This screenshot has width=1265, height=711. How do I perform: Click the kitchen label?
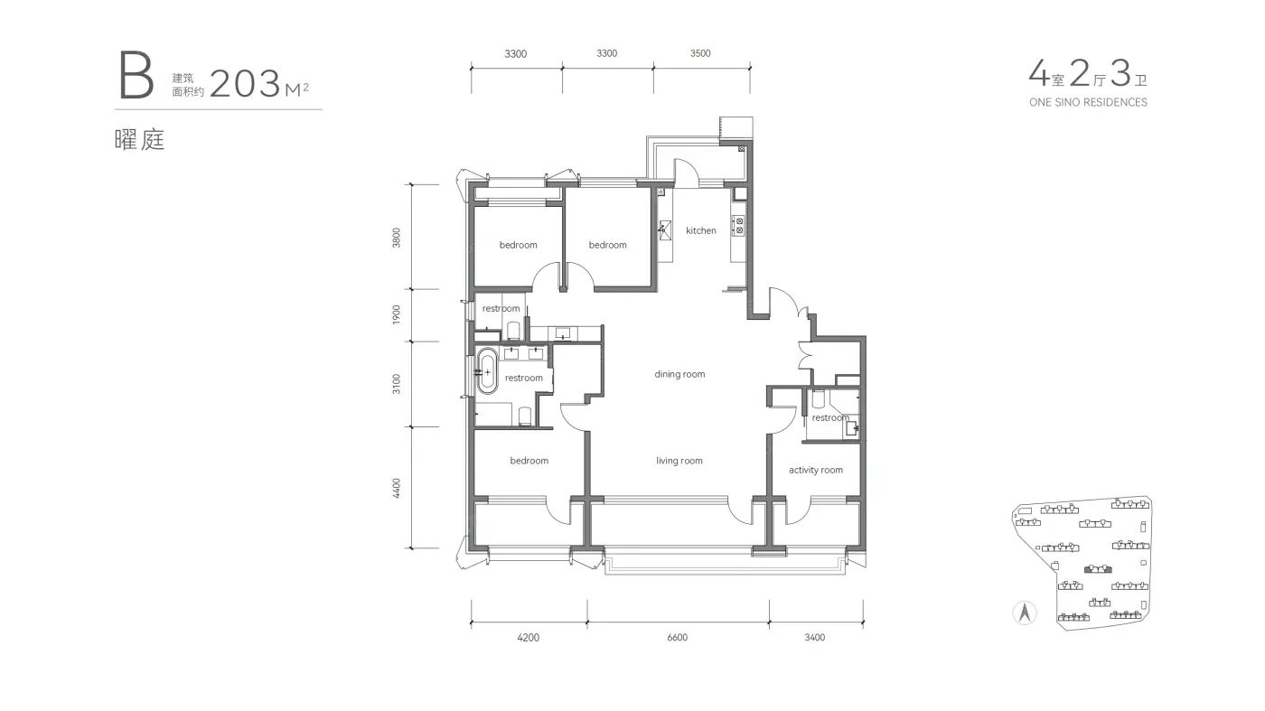(x=701, y=230)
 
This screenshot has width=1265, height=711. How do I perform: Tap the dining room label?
(x=679, y=374)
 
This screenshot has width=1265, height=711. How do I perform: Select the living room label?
(x=679, y=461)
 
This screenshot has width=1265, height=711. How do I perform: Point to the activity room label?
(x=815, y=470)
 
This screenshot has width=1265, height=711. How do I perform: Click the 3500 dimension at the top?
(x=700, y=53)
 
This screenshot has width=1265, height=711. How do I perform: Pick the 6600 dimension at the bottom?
(x=677, y=638)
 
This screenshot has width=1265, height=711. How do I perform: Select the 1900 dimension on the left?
(x=396, y=314)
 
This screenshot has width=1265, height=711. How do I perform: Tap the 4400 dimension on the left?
(x=396, y=489)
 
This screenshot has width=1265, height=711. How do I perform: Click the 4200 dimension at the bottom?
(x=528, y=638)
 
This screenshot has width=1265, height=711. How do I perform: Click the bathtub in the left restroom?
(x=487, y=371)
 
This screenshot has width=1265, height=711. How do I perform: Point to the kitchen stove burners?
(x=738, y=226)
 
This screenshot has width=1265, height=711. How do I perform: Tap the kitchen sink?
(x=665, y=229)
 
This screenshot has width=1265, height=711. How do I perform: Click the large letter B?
(x=136, y=75)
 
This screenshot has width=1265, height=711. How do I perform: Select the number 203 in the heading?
(x=245, y=84)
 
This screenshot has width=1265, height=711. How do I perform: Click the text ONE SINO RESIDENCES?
(x=1088, y=102)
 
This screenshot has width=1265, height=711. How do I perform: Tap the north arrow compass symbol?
(x=1025, y=613)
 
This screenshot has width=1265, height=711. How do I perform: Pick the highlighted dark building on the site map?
(x=1098, y=569)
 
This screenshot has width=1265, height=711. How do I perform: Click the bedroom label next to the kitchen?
(x=607, y=245)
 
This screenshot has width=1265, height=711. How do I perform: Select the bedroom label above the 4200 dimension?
(x=529, y=461)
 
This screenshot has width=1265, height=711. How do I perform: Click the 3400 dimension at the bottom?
(x=815, y=638)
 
